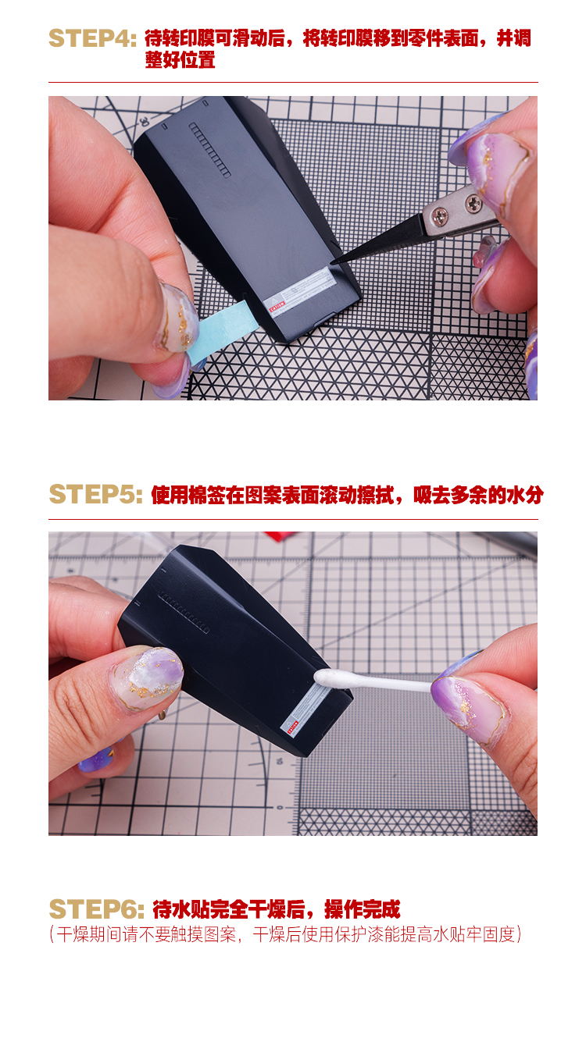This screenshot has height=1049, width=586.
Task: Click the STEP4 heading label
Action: point(92,38)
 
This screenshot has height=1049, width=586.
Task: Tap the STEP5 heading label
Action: point(95,495)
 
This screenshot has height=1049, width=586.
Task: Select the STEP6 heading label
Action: point(97,909)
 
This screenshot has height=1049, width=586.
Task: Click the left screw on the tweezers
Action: point(440,216)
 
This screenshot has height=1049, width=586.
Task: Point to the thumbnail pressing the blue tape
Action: point(178,316)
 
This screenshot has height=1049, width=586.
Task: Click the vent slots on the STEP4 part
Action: point(209,150)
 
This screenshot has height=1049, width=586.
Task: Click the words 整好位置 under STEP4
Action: point(180,60)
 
